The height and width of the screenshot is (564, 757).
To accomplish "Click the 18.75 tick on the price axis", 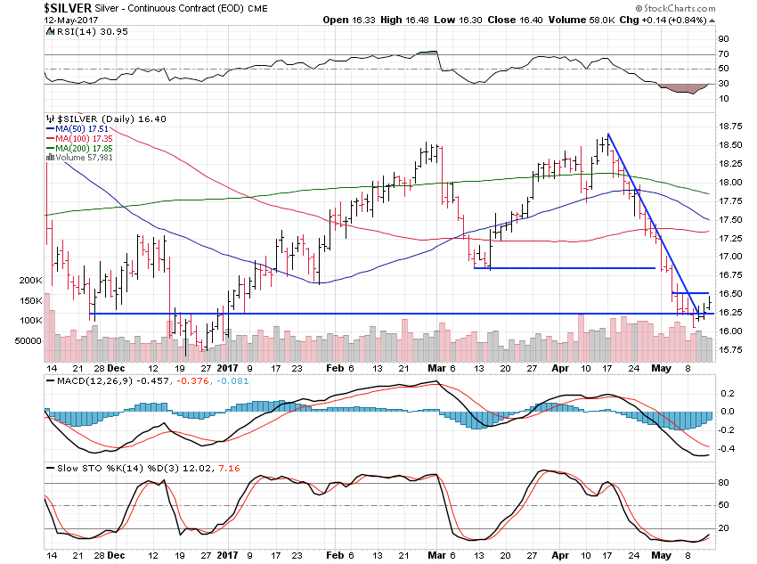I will coord(730,127).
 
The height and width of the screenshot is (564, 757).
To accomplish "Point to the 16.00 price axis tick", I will coord(730,331).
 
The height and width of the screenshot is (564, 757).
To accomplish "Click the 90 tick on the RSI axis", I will coord(724,39).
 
